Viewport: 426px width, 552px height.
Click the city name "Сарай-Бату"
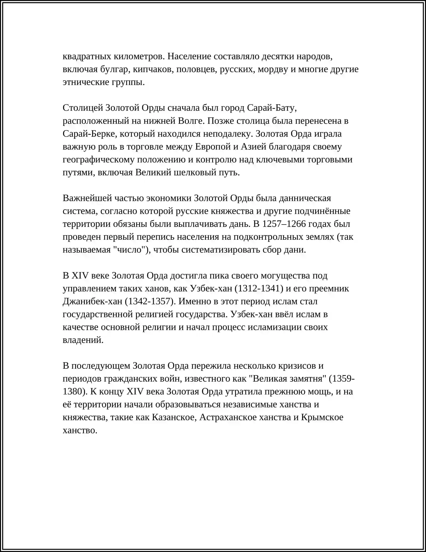point(271,108)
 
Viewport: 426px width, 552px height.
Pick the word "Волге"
point(191,121)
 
